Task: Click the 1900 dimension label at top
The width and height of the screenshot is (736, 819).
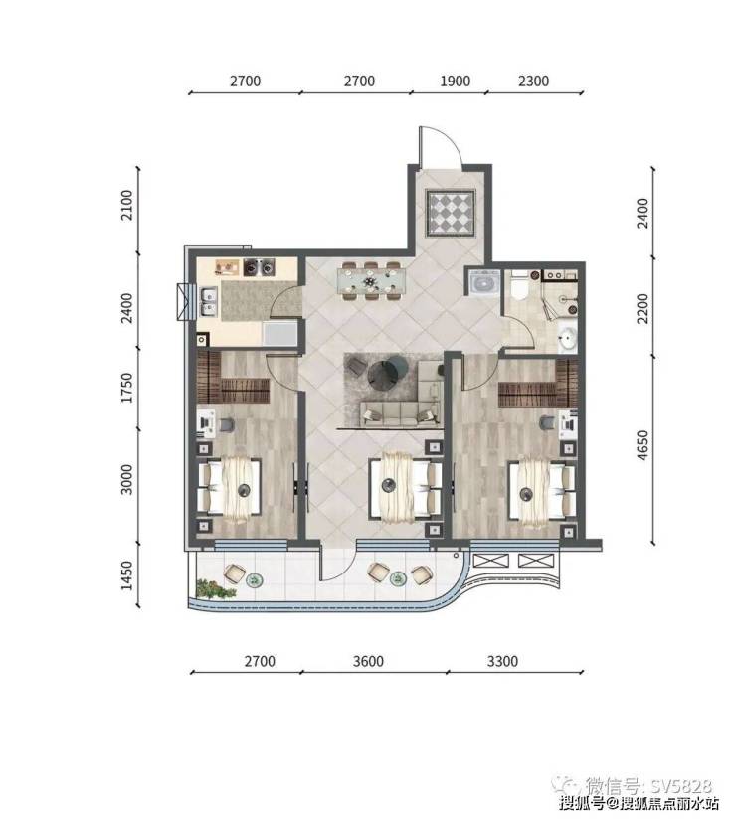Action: point(455,81)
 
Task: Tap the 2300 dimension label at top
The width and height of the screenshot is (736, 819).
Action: point(534,81)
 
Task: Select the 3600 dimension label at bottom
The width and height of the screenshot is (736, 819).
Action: point(368,661)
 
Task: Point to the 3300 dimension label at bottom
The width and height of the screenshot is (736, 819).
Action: point(502,661)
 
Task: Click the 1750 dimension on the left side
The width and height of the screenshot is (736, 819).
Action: point(127,388)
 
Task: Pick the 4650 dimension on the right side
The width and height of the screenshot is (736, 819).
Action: point(643,445)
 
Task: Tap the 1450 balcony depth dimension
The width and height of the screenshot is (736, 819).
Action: point(127,576)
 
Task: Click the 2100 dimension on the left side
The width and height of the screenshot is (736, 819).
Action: point(127,205)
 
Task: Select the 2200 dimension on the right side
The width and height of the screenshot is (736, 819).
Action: point(643,308)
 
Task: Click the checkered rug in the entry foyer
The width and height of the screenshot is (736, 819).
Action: point(451,212)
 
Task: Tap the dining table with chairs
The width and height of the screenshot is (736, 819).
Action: point(371,281)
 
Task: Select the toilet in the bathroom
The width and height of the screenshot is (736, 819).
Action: point(519,286)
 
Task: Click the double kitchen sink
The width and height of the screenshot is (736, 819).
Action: point(209,302)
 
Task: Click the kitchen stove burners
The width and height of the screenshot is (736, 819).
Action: point(259,267)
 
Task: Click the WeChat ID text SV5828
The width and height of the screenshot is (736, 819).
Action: point(681,785)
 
